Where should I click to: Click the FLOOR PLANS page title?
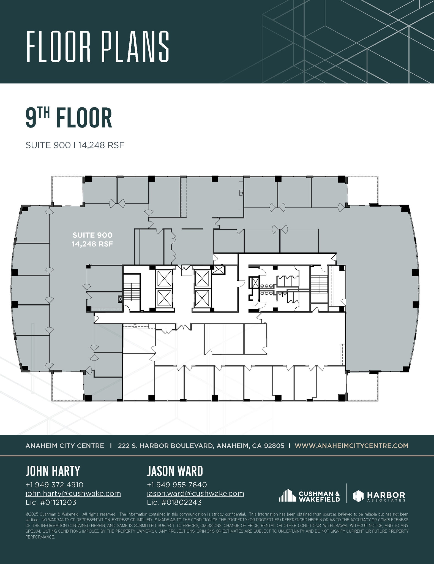pyautogui.click(x=98, y=47)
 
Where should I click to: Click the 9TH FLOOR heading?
pyautogui.click(x=69, y=118)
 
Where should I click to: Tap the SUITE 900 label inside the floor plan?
pyautogui.click(x=92, y=235)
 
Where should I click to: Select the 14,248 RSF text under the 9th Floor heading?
pyautogui.click(x=101, y=145)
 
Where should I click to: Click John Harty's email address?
pyautogui.click(x=73, y=493)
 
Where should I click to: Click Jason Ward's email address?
pyautogui.click(x=195, y=493)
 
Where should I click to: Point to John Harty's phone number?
pyautogui.click(x=54, y=484)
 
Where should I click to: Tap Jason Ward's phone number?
pyautogui.click(x=177, y=484)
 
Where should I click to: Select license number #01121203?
pyautogui.click(x=58, y=502)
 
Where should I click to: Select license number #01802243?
pyautogui.click(x=182, y=502)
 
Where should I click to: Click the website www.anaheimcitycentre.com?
pyautogui.click(x=351, y=446)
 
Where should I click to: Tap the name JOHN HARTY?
pyautogui.click(x=53, y=471)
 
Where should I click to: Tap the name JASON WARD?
pyautogui.click(x=175, y=471)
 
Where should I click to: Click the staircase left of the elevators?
pyautogui.click(x=132, y=292)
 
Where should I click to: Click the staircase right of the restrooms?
pyautogui.click(x=319, y=284)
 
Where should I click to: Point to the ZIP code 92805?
pyautogui.click(x=274, y=446)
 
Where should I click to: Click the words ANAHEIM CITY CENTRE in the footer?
pyautogui.click(x=65, y=446)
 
